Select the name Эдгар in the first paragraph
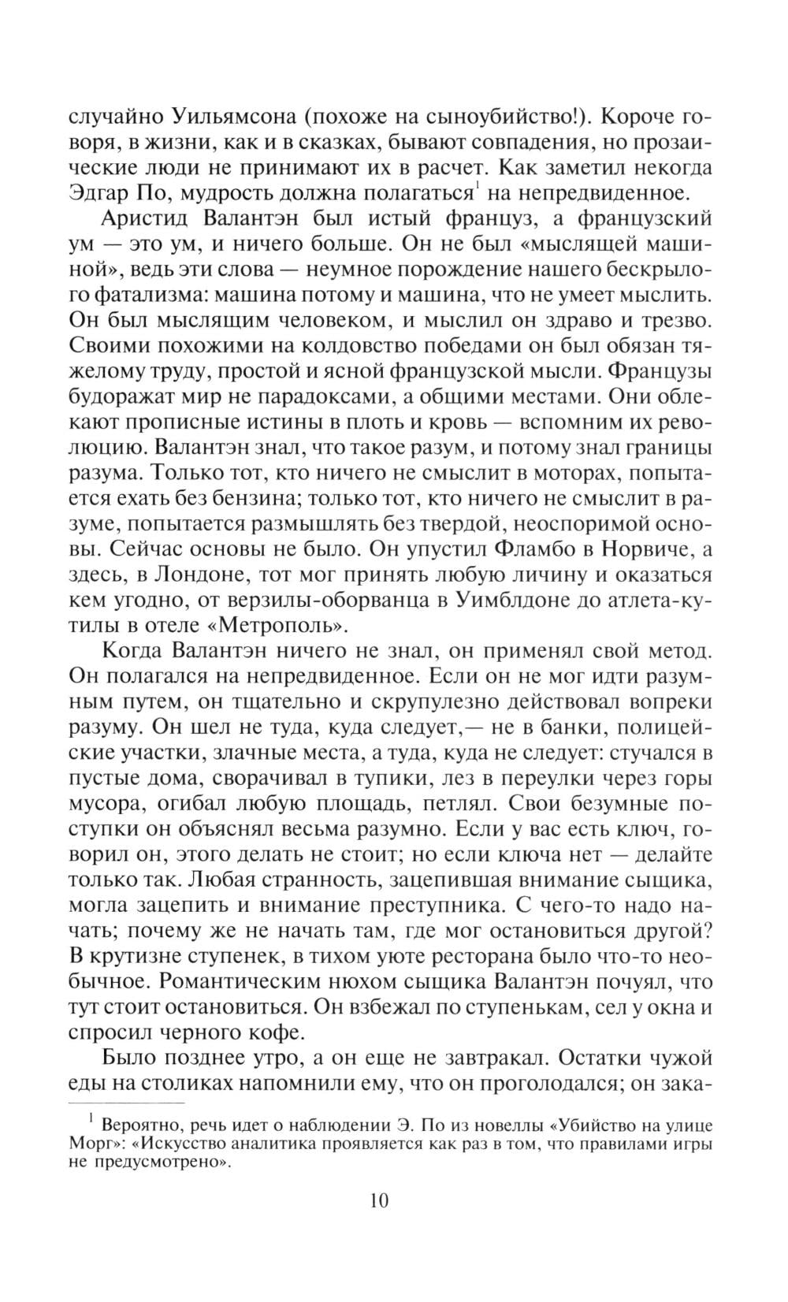click(103, 191)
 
